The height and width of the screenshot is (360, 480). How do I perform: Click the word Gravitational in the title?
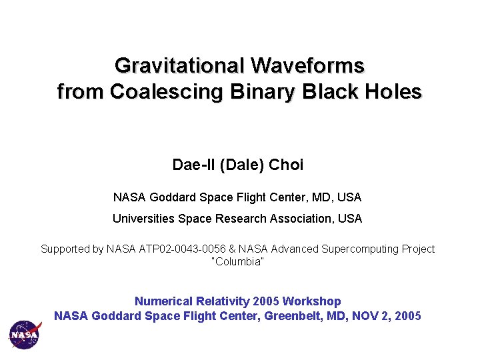coord(179,66)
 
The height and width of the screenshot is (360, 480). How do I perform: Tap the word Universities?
coord(143,219)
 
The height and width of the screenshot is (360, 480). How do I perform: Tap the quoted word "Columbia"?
coord(237,261)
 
